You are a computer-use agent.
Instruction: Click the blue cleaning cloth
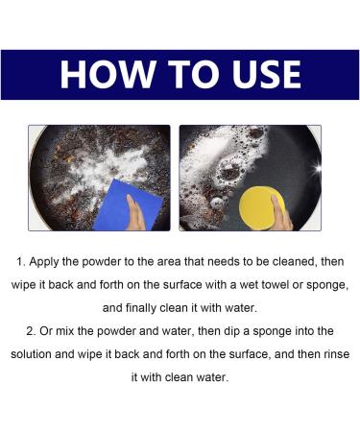(x=117, y=204)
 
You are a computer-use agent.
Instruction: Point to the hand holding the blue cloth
(x=138, y=213)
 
